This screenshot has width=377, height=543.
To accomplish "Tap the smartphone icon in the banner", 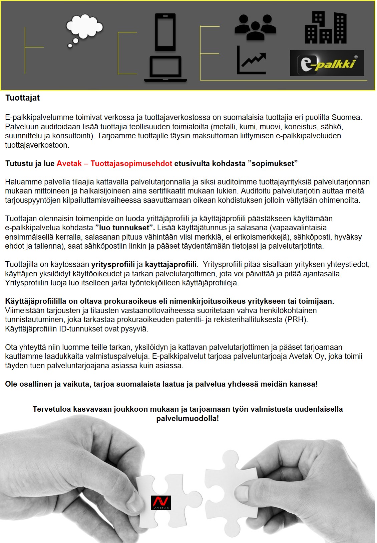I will pos(165,32).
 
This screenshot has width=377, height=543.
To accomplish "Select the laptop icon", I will pos(165,69).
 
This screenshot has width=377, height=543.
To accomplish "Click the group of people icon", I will pos(255,25).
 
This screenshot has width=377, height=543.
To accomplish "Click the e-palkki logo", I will pos(327,63).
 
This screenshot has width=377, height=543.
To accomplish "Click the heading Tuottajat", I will pos(22,98).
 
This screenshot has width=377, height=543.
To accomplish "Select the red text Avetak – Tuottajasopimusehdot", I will pos(114,163).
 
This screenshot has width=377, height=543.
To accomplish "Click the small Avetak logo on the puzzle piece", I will pos(161,502).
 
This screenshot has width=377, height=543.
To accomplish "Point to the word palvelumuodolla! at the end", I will pos(187,418).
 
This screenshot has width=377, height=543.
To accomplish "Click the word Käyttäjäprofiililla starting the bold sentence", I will pos(36,301).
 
